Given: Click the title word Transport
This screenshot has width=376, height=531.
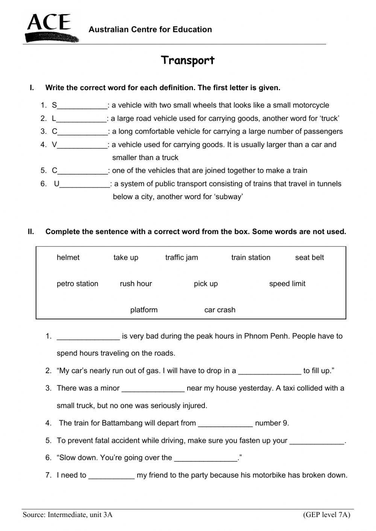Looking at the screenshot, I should [188, 60].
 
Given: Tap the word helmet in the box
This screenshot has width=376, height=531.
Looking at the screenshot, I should [68, 257].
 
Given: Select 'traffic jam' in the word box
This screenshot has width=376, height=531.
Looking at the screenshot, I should [182, 257].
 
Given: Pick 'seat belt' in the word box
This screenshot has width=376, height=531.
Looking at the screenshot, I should [309, 257].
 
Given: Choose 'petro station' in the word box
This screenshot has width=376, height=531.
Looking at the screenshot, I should [77, 284].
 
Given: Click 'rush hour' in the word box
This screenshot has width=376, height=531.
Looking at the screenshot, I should [136, 284].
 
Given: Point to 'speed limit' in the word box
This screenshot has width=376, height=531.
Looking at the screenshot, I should [287, 284].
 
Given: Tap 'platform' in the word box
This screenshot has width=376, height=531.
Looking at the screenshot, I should [144, 310].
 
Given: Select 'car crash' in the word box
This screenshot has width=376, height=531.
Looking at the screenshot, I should [220, 310].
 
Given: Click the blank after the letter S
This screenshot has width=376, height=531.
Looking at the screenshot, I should [82, 106].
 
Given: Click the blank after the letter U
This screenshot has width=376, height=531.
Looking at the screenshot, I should [85, 185].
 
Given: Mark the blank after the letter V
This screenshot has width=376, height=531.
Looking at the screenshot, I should [82, 145].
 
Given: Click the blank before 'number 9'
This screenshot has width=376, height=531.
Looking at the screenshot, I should [225, 424].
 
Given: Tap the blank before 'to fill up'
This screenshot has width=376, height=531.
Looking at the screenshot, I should [270, 372].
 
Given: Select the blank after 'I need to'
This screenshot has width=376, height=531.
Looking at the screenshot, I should [111, 476].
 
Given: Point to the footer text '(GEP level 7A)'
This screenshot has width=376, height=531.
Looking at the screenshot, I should [326, 515].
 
